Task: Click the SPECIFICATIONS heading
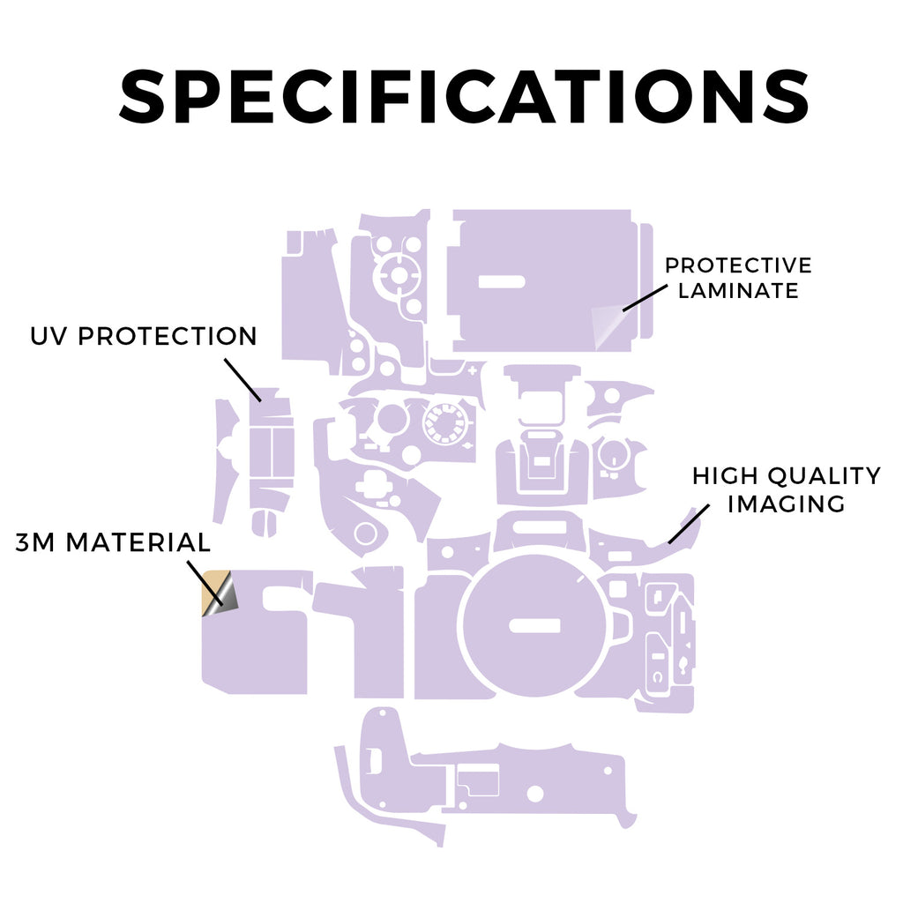(x=464, y=95)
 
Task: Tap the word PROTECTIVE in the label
(x=738, y=265)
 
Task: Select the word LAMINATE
(x=738, y=291)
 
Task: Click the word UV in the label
(x=49, y=336)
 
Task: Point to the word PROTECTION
(x=168, y=336)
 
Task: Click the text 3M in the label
(x=34, y=542)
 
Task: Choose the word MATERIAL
(x=138, y=542)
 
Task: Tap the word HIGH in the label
(x=725, y=476)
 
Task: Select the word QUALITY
(x=825, y=476)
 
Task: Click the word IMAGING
(x=786, y=504)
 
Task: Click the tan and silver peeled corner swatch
(x=220, y=593)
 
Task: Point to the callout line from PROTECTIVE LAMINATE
(x=645, y=298)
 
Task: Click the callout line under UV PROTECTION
(x=243, y=380)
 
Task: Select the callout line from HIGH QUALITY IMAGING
(x=689, y=525)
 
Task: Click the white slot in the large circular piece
(x=534, y=625)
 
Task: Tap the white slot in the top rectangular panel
(x=502, y=281)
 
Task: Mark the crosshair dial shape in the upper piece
(x=397, y=274)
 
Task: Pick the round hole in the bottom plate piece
(x=535, y=794)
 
